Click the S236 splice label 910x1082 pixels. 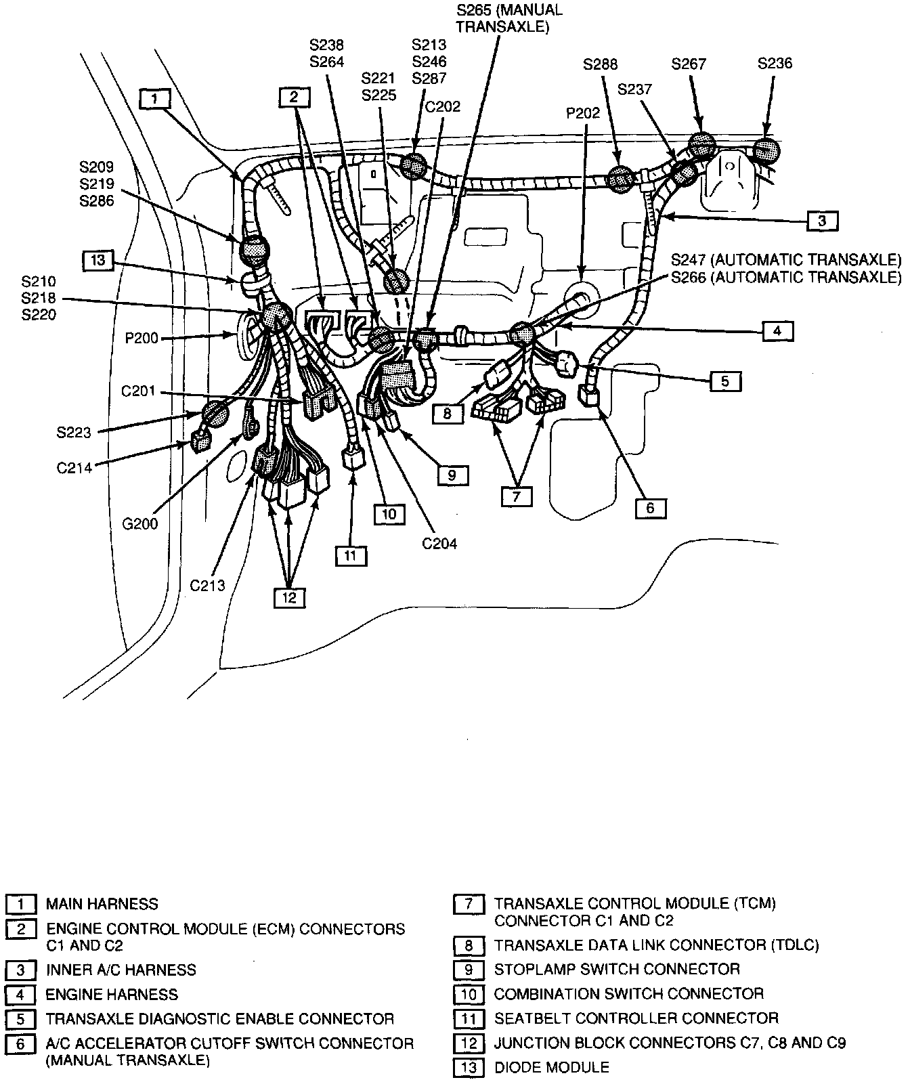click(775, 64)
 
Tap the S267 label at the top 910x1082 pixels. click(689, 64)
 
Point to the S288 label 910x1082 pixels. click(600, 65)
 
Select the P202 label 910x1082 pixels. click(583, 113)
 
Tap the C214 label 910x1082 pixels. click(74, 467)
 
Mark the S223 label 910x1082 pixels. click(74, 432)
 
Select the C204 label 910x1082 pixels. click(439, 543)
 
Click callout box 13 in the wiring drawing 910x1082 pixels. click(99, 260)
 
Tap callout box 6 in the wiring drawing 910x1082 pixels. click(650, 508)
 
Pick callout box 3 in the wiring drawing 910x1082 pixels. click(821, 220)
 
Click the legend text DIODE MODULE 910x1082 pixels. click(551, 1068)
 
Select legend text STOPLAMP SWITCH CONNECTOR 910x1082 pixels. click(616, 969)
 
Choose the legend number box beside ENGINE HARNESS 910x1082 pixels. click(21, 995)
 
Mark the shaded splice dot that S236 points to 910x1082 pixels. click(766, 150)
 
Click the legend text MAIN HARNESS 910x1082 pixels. click(102, 904)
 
